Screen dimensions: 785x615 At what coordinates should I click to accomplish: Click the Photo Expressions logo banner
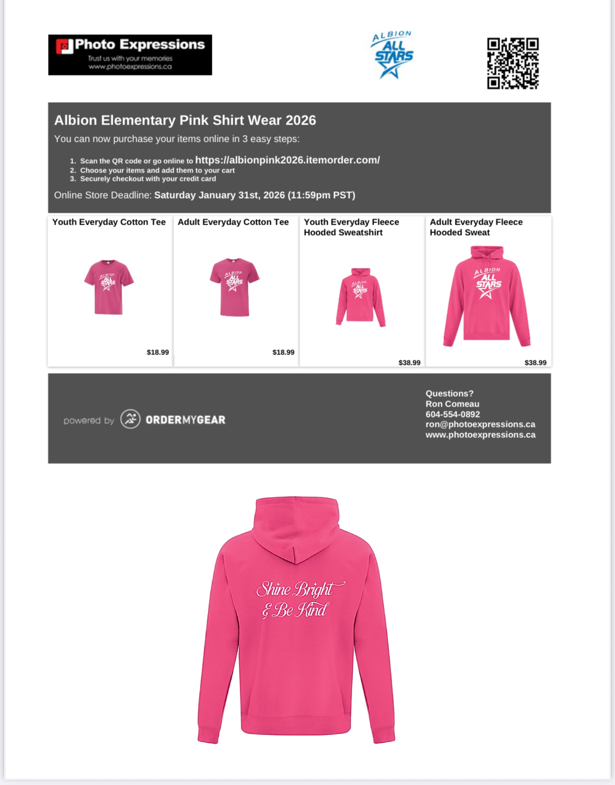pyautogui.click(x=130, y=55)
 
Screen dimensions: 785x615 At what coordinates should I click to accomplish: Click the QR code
pyautogui.click(x=512, y=63)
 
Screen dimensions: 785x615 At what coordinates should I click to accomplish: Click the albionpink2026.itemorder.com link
pyautogui.click(x=287, y=160)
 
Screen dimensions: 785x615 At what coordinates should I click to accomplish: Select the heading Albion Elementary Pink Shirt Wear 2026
pyautogui.click(x=185, y=120)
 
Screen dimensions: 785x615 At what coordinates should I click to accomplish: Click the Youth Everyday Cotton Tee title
pyautogui.click(x=109, y=222)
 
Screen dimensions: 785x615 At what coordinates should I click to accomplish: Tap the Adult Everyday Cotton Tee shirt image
pyautogui.click(x=234, y=287)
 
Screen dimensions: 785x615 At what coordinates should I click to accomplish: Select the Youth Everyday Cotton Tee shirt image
pyautogui.click(x=108, y=287)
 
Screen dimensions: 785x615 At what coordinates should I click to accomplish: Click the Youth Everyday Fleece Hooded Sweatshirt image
pyautogui.click(x=360, y=297)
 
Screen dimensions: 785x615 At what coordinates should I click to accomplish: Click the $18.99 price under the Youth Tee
pyautogui.click(x=158, y=352)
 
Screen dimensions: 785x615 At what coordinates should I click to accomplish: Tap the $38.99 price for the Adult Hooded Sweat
pyautogui.click(x=535, y=363)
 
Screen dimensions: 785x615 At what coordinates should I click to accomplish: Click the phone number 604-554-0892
pyautogui.click(x=452, y=414)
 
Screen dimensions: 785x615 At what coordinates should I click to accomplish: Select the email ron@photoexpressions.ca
pyautogui.click(x=480, y=424)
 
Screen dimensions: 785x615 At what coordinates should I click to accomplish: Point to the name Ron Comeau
pyautogui.click(x=452, y=404)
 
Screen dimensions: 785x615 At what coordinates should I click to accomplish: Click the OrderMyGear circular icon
pyautogui.click(x=130, y=419)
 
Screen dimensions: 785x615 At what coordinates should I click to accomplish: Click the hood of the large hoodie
pyautogui.click(x=296, y=526)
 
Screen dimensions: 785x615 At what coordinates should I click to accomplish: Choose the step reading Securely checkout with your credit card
pyautogui.click(x=148, y=179)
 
